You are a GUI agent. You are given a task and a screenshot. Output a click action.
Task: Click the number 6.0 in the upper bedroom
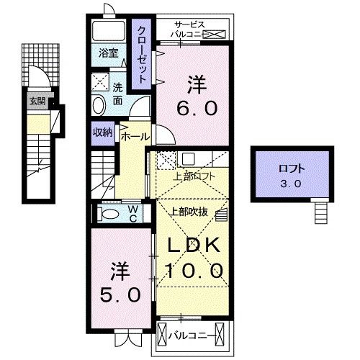194,107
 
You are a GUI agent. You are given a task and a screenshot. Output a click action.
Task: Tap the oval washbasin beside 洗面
99,105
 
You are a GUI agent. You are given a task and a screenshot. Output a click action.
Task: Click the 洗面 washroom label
117,94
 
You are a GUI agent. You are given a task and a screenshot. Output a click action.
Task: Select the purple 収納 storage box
102,132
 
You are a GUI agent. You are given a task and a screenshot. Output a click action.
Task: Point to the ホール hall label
135,136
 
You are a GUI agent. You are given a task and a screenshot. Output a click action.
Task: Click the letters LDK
193,245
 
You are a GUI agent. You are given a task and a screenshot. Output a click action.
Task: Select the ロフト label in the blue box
292,170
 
